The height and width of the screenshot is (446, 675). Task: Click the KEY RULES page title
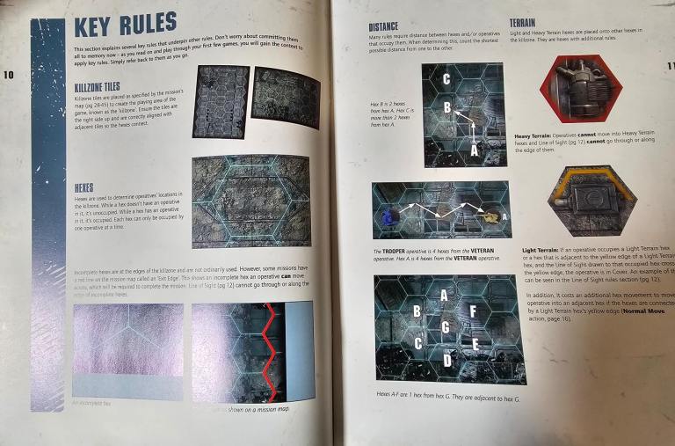(124, 25)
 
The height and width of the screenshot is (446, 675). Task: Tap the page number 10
(9, 76)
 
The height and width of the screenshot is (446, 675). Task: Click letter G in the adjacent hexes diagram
(446, 328)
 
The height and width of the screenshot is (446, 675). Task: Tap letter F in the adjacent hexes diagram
(473, 311)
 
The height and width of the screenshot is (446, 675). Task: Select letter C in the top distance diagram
(446, 79)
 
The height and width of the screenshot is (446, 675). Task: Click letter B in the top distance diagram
(446, 108)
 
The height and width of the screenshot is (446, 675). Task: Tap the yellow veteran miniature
(492, 214)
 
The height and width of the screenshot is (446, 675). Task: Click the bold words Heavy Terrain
(534, 135)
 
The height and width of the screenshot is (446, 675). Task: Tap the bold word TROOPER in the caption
(396, 252)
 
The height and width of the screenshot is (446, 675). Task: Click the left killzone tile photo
(220, 102)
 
